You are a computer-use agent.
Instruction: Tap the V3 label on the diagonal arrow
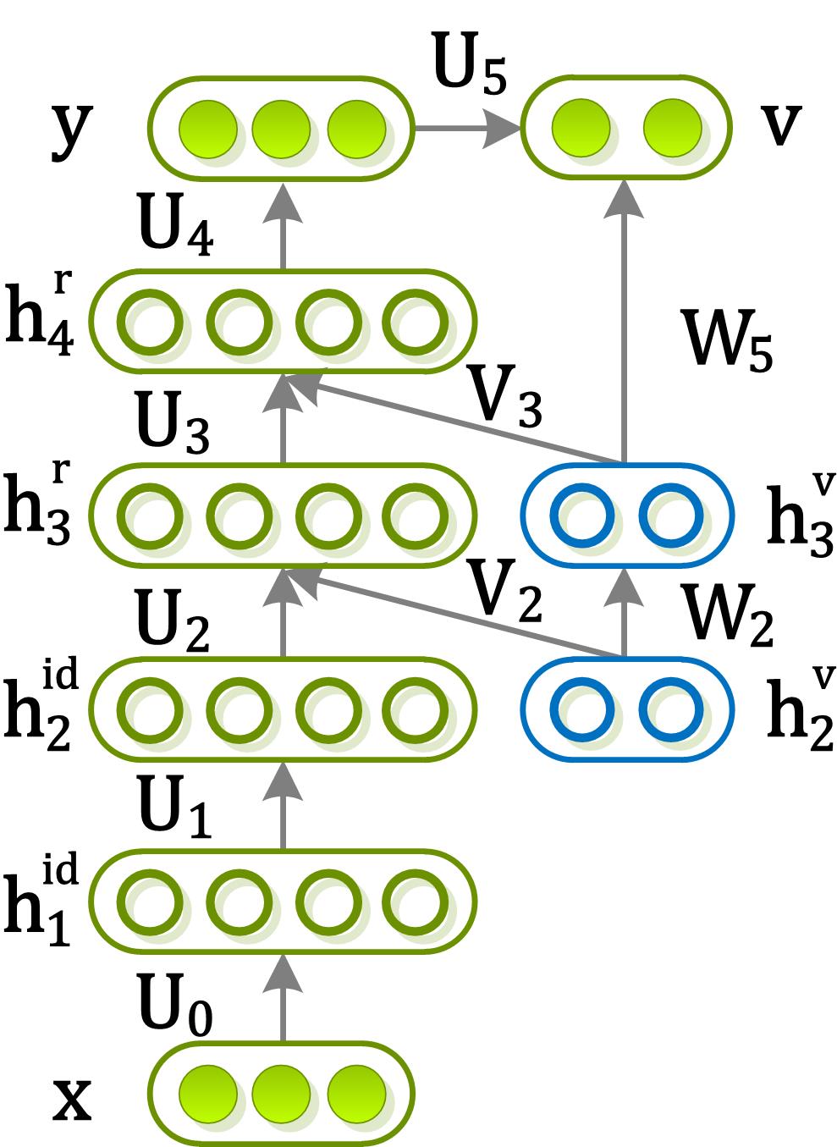point(505,398)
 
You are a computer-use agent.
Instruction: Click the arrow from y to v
point(465,129)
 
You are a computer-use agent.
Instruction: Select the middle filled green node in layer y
point(281,129)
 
